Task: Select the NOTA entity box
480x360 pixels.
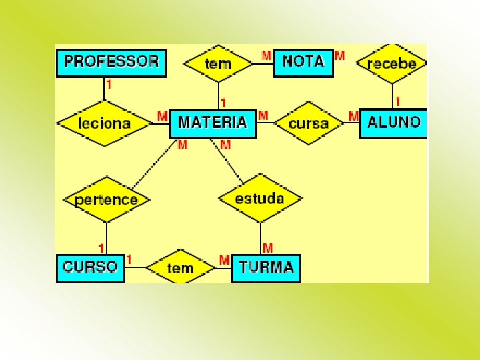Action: click(x=303, y=61)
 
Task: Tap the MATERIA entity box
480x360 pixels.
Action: click(x=213, y=123)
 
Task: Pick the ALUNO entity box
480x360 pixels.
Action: click(x=393, y=123)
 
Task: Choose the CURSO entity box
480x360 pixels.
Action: click(x=90, y=268)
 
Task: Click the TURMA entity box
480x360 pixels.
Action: click(x=266, y=268)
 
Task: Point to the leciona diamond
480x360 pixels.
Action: click(x=105, y=123)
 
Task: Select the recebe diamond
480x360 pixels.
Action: click(x=391, y=63)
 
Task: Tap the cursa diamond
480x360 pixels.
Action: click(x=309, y=123)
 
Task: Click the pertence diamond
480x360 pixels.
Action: click(x=107, y=199)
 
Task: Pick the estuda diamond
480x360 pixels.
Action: click(x=259, y=198)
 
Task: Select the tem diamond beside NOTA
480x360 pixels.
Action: click(x=218, y=64)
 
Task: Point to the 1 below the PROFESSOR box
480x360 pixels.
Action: click(x=109, y=85)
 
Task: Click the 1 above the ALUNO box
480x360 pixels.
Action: click(x=398, y=102)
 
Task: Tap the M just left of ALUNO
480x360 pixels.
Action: click(x=353, y=117)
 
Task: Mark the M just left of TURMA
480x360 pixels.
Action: click(x=225, y=259)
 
